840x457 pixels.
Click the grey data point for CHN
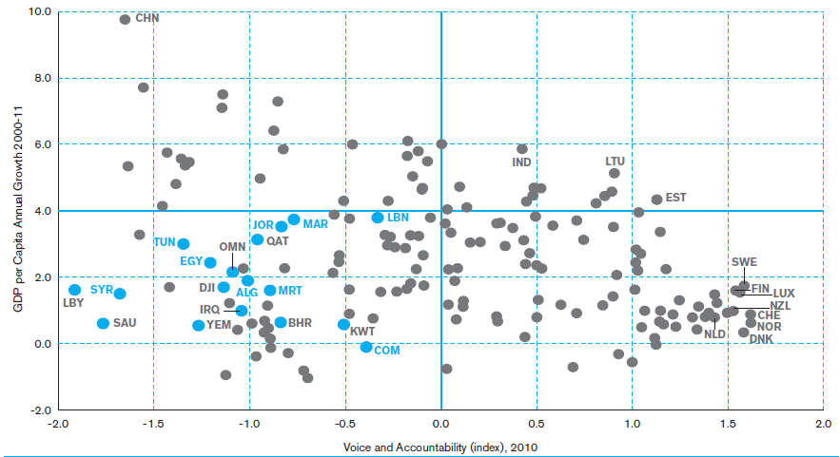tap(125, 19)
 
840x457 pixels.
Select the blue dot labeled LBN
tap(378, 218)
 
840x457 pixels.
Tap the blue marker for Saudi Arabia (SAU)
tap(104, 323)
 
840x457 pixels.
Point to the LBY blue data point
tap(75, 290)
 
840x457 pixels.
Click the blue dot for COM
tap(366, 348)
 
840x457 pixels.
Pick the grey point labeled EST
tap(656, 200)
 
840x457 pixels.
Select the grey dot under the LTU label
tap(615, 173)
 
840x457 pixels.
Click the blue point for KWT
tap(344, 325)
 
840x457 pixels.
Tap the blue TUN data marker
tap(184, 244)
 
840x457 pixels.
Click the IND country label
tap(521, 162)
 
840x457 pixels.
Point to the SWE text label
tap(744, 262)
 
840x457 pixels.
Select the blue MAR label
tap(316, 224)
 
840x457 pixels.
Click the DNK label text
tap(761, 339)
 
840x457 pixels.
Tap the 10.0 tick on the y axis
tap(40, 11)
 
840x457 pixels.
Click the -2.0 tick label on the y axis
tap(40, 410)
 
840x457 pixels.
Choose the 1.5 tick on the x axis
tap(728, 424)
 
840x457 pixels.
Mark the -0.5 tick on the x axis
tap(345, 424)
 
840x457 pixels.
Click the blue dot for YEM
tap(198, 325)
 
